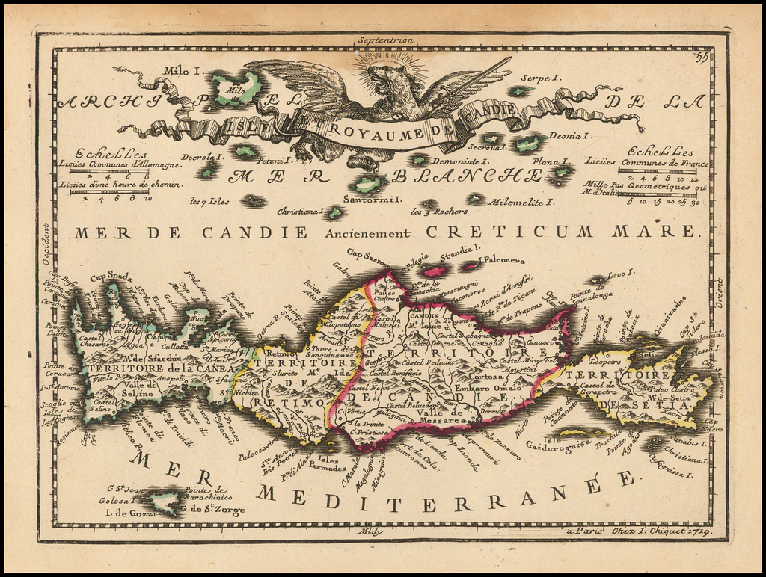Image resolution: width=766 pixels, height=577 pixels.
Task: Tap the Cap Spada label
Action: (x=105, y=277)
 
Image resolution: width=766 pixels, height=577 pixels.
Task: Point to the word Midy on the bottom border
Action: (x=371, y=531)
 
